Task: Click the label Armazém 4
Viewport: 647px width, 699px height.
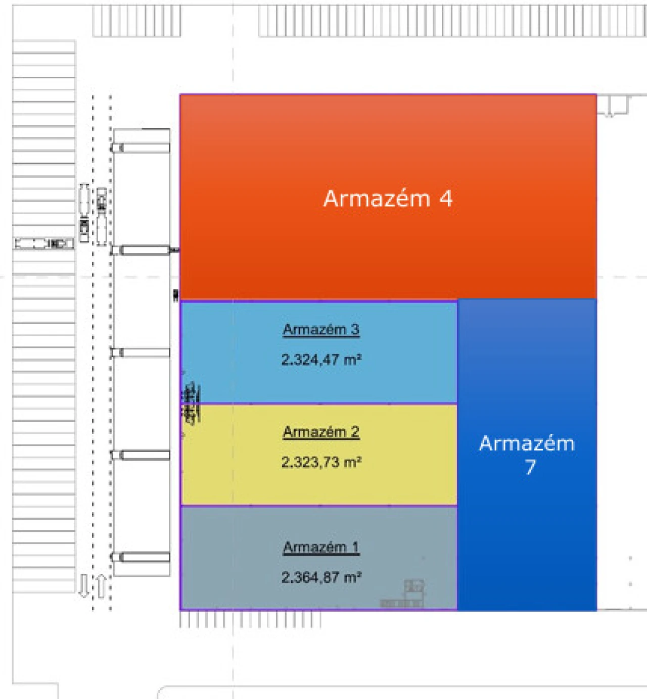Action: [x=388, y=198]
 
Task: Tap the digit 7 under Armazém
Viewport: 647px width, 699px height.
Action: [x=530, y=467]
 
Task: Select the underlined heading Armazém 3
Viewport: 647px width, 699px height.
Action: [x=321, y=330]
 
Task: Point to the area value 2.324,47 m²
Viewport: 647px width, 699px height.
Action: [x=321, y=360]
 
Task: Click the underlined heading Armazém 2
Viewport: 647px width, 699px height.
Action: [x=321, y=432]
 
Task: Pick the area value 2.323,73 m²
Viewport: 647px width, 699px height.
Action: [x=321, y=462]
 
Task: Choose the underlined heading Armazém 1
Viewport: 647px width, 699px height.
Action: [x=321, y=547]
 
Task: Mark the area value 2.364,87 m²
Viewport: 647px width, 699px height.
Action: [x=321, y=577]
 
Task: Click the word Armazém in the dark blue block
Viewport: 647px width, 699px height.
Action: [x=527, y=443]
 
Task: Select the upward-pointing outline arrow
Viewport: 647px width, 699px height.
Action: [x=101, y=586]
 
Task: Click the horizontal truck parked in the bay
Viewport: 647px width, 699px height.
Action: [x=44, y=244]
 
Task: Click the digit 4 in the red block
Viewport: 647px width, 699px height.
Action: [x=446, y=199]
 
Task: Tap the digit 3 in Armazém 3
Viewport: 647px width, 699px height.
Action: [x=355, y=330]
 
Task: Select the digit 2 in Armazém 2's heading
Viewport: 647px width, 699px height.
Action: [x=355, y=432]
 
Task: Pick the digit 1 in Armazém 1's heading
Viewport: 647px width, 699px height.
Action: [x=355, y=547]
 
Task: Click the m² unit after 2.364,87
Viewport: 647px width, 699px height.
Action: [x=352, y=577]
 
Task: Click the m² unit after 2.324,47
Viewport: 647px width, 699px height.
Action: [x=352, y=360]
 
